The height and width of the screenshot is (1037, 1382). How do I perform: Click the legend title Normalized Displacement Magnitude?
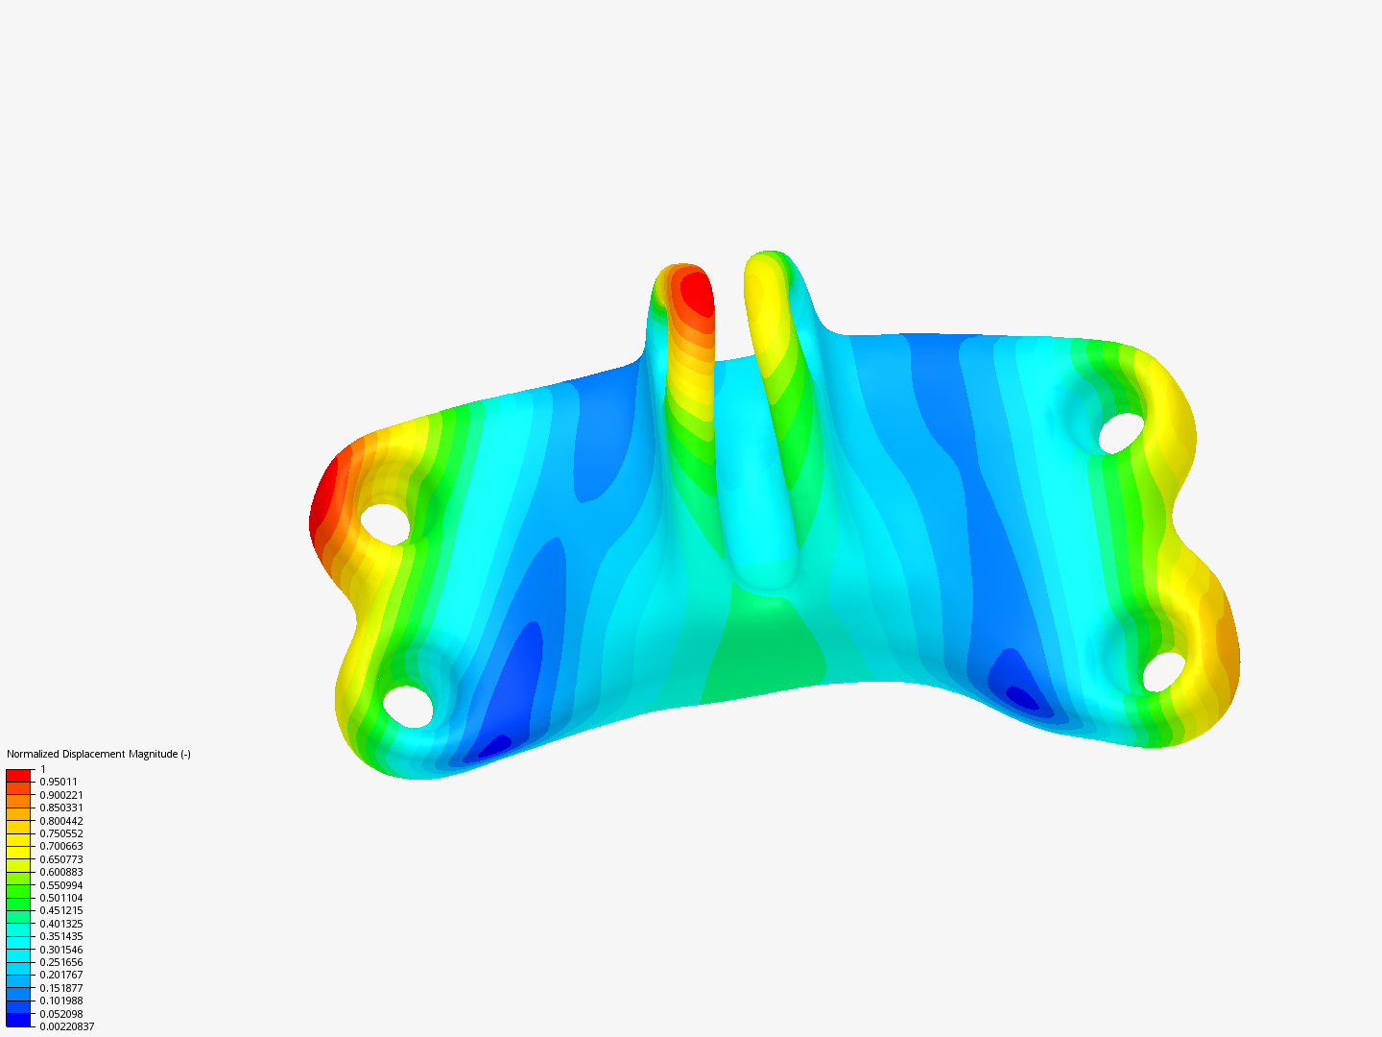[x=98, y=754]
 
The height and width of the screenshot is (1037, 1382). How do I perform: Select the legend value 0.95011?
[x=59, y=782]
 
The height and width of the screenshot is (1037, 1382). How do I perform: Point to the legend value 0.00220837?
[x=66, y=1026]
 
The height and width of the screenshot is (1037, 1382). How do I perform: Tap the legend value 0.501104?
[x=60, y=898]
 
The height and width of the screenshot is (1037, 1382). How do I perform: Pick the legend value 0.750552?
[x=60, y=833]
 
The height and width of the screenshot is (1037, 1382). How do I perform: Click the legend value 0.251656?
[x=60, y=962]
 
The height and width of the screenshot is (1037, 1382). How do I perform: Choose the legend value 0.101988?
[x=60, y=1001]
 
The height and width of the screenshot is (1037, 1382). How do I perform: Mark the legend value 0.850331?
[x=60, y=808]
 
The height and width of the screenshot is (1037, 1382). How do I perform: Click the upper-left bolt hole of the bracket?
[x=385, y=524]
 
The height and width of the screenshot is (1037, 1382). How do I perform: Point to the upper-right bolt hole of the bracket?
[x=1121, y=433]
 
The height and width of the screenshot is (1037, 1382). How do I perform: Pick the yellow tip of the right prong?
[x=764, y=274]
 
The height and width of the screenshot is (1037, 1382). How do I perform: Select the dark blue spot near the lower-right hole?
[x=1021, y=696]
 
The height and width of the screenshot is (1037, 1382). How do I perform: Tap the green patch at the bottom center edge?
[x=763, y=653]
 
